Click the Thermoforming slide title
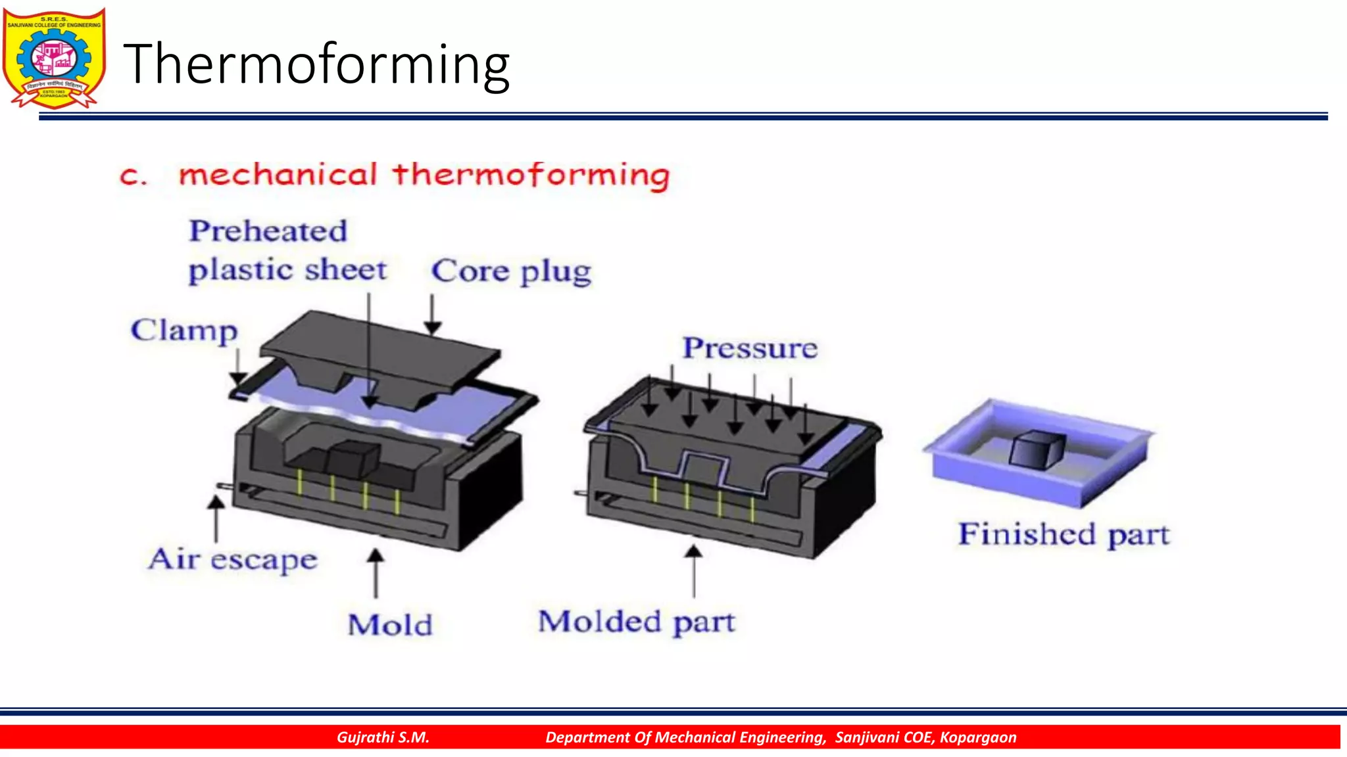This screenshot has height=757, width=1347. coord(316,64)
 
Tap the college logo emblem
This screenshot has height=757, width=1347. coord(54,58)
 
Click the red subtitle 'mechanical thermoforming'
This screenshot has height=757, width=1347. coord(424,175)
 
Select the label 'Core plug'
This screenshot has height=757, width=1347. coord(511,271)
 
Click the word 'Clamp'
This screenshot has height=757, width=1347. coord(184,331)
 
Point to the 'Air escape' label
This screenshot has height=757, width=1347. coord(233,559)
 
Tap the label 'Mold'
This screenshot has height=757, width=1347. coord(390,625)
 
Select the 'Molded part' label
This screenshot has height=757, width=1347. coord(636,622)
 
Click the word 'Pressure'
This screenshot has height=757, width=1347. coord(750,348)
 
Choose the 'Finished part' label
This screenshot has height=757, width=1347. coord(1064,534)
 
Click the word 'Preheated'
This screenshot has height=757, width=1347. coord(268,231)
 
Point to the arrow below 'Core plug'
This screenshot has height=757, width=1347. coord(432,315)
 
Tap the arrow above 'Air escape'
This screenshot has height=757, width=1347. coord(216,518)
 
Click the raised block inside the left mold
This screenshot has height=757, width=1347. coord(353,458)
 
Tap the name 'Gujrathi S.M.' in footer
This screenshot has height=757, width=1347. coord(383,737)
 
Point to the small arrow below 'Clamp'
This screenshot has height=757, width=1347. coord(238,368)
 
